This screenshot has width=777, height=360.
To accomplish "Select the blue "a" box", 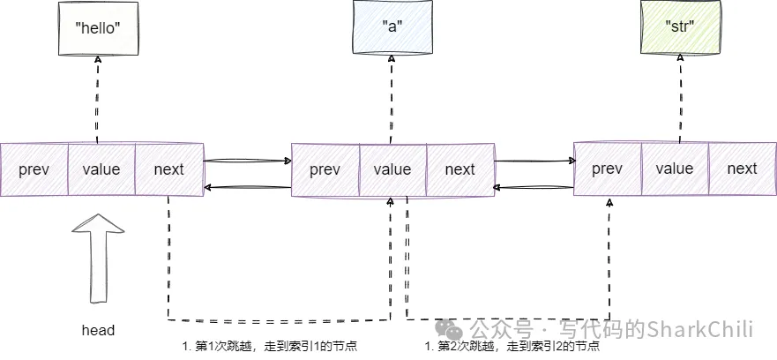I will point(392,25).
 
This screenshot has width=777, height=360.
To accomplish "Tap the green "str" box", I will point(681,25).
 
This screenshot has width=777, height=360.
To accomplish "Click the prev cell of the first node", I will point(34,169).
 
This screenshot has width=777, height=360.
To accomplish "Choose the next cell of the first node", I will point(168,169).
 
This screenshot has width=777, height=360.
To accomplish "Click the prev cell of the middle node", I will point(325,169).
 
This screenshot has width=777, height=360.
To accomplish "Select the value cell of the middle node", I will point(392,169).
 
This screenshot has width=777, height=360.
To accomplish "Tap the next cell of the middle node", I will point(459,169).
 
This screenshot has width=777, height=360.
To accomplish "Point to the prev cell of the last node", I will point(608,169).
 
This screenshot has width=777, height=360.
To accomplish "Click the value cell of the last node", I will point(675,169).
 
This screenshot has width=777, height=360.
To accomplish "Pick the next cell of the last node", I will point(742,169).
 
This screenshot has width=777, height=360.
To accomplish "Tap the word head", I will point(98,330).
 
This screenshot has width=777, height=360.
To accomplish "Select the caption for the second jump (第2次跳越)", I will point(517,347).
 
